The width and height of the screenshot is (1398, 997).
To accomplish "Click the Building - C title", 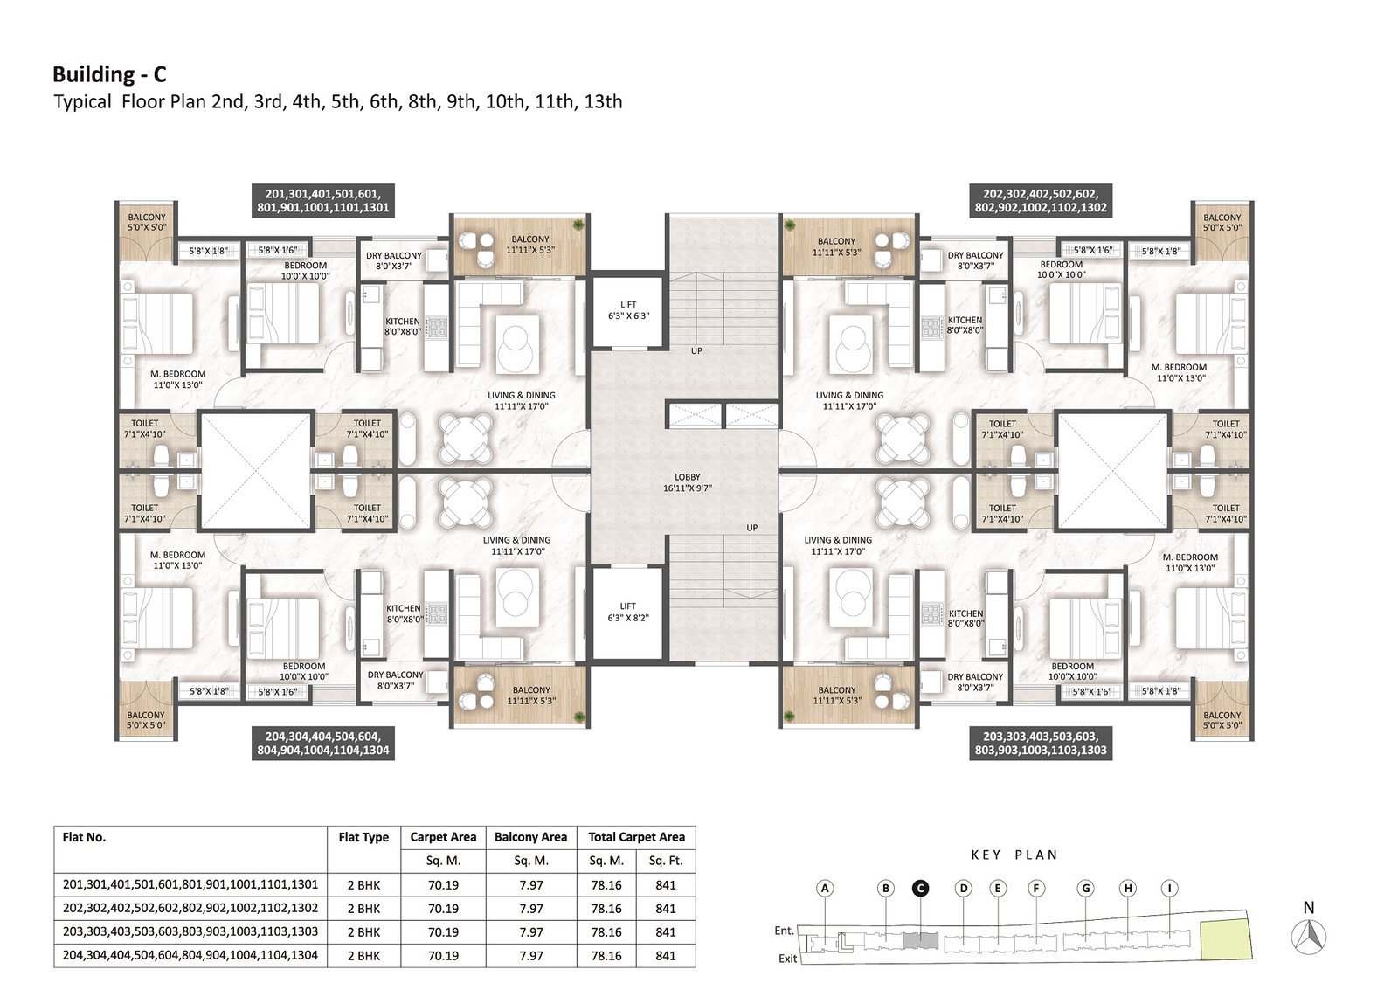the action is click(x=109, y=74).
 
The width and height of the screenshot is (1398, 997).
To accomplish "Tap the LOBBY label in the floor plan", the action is click(x=687, y=476).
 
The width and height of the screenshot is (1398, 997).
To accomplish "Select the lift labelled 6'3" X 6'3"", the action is click(x=628, y=310).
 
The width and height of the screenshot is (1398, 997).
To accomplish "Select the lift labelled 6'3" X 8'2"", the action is click(x=628, y=613).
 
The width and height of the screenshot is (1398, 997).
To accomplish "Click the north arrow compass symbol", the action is click(x=1309, y=937).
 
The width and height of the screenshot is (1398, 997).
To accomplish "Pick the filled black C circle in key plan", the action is click(x=920, y=888).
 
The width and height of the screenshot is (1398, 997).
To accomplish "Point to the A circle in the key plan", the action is click(x=825, y=888).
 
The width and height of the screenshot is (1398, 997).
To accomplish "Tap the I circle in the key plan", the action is click(x=1169, y=888).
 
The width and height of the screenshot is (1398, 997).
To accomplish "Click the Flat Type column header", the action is click(x=363, y=837).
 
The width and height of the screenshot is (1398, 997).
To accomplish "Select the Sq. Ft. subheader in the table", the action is click(x=666, y=861).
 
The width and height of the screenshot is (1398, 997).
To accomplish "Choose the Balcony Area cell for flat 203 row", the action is click(x=531, y=932).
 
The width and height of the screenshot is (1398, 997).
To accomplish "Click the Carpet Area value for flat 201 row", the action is click(x=443, y=884).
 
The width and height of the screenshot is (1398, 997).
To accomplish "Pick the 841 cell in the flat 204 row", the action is click(x=666, y=956).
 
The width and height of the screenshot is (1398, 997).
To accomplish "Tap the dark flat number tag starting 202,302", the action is click(x=1041, y=200).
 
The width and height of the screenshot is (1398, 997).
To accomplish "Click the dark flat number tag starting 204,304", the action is click(x=323, y=743).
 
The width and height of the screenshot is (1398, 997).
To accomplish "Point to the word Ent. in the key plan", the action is click(x=784, y=931).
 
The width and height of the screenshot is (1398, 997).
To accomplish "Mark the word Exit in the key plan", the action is click(x=787, y=959).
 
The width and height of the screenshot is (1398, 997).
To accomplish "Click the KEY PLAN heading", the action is click(x=1014, y=855).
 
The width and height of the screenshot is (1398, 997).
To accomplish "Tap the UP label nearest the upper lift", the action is click(x=696, y=351).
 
